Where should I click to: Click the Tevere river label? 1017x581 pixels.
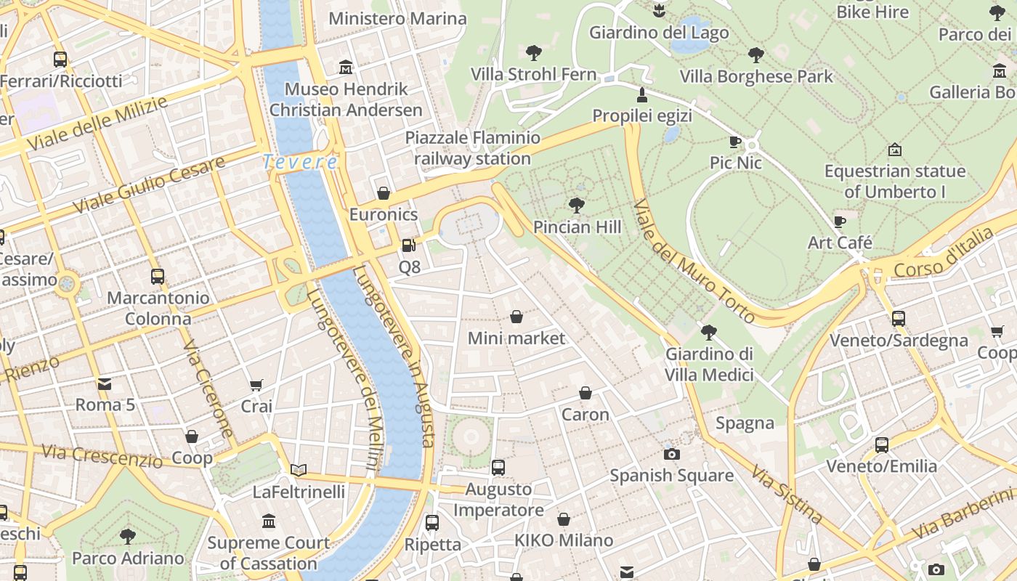[300, 162]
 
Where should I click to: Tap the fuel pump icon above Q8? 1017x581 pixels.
[409, 246]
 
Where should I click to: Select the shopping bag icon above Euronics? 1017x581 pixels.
[384, 193]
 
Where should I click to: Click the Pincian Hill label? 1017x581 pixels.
[577, 227]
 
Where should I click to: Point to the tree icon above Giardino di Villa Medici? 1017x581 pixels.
[709, 333]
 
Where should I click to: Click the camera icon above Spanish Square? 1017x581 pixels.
[672, 454]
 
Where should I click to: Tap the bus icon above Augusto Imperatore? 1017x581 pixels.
[498, 468]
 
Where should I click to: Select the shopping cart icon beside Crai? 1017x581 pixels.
[256, 385]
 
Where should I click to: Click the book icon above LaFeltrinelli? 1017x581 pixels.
[299, 470]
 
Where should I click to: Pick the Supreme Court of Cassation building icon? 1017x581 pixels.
[269, 521]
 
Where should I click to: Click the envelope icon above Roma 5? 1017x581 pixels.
[105, 383]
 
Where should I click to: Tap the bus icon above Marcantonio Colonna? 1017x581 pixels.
[158, 277]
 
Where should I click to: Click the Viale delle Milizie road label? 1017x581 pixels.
[97, 124]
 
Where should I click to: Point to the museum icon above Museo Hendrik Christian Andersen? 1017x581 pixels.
[346, 68]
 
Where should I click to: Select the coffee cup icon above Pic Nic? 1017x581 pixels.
[735, 142]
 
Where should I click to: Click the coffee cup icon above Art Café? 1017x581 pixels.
[840, 222]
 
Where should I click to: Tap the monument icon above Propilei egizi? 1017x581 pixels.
[641, 94]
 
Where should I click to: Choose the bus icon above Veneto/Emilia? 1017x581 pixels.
[882, 444]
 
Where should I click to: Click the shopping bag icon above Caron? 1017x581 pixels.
[586, 394]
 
